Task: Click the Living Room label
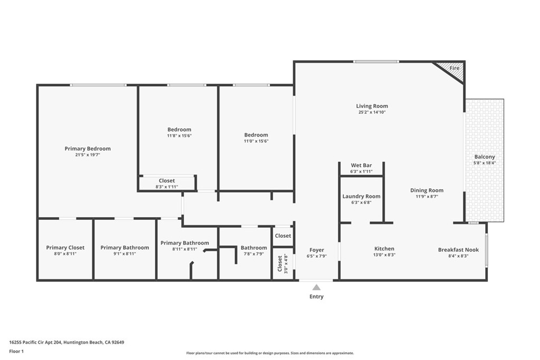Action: [x=372, y=106]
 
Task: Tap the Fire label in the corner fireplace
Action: [x=454, y=69]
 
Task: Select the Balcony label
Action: [x=485, y=157]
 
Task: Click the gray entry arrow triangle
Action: [x=316, y=287]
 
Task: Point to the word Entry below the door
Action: [x=316, y=297]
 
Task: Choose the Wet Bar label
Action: [x=361, y=166]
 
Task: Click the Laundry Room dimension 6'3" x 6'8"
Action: [x=361, y=202]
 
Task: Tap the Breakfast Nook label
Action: [x=458, y=250]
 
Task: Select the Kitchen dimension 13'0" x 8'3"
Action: [x=384, y=255]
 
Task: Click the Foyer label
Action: [x=316, y=250]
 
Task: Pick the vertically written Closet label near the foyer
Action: [x=279, y=264]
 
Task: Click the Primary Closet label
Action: [x=65, y=248]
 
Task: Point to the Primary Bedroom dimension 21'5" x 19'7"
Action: [x=88, y=155]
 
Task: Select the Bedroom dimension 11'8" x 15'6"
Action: [x=179, y=136]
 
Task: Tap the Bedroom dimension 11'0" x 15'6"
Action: [x=256, y=141]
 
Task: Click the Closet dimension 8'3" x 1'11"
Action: [x=167, y=187]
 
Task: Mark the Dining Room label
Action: [x=427, y=190]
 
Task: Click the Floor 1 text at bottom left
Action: [x=17, y=351]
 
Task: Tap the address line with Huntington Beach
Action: [x=66, y=342]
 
